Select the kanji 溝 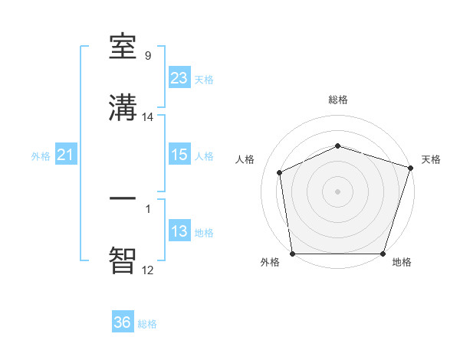[123, 109]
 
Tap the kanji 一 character [123, 198]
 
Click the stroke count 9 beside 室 [147, 55]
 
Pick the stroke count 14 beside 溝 [148, 117]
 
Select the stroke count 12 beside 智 [148, 270]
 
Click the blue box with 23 [179, 78]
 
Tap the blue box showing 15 [179, 155]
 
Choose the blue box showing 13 [179, 231]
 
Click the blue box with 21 [65, 155]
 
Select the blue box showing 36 [123, 322]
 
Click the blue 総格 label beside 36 [148, 324]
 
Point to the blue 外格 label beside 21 [41, 156]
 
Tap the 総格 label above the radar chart [338, 100]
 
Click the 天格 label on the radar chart [431, 159]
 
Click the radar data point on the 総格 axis [338, 146]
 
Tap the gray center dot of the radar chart [338, 191]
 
